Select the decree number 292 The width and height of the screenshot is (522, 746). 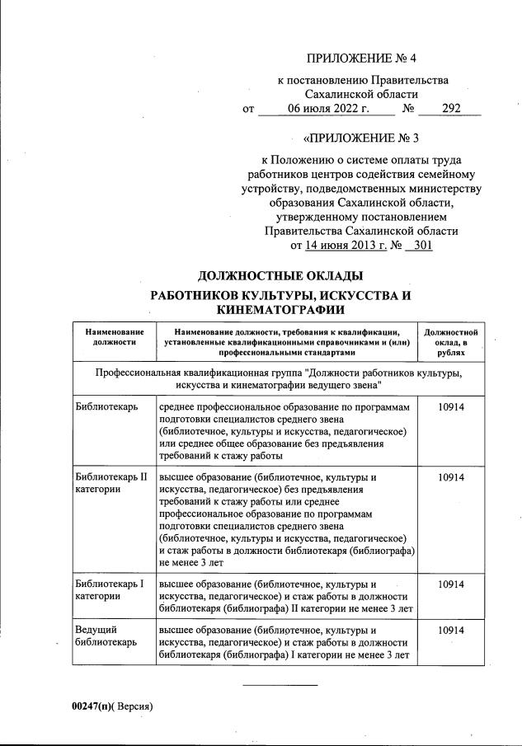pos(450,108)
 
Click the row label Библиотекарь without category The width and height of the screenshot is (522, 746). pos(106,407)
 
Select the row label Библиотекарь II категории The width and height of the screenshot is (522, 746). pos(110,483)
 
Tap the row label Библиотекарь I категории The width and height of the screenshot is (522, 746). pos(109,589)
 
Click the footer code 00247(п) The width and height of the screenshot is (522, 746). pos(91,706)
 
